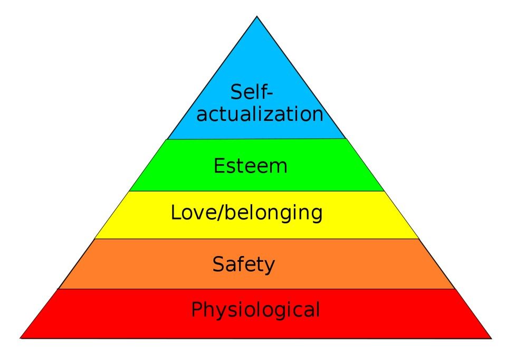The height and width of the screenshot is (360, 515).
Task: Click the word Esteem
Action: point(251,166)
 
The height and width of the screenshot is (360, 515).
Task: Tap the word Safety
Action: point(243,265)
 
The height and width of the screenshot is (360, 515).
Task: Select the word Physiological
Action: point(255,310)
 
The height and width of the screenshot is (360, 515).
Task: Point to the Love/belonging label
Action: point(246,213)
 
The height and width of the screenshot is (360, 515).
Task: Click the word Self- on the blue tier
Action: point(252,92)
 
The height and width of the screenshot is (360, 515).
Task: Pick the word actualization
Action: point(260,113)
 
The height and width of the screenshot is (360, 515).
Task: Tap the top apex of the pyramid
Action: point(257,16)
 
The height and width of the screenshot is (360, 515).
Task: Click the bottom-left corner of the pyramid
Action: point(21,338)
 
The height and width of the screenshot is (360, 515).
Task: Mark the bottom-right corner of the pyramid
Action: point(492,338)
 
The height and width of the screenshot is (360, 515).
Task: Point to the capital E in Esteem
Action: point(219,166)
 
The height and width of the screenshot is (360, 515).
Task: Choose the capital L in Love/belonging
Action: point(176,213)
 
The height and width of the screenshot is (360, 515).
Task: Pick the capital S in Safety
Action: point(218,264)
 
